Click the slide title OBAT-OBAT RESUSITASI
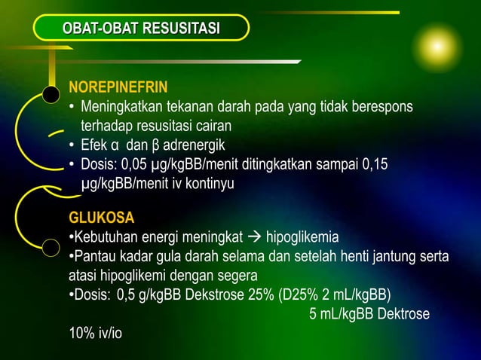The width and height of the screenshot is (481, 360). pos(142,29)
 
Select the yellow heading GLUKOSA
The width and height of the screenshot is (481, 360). pos(102,218)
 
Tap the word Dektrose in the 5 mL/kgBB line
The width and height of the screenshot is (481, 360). pos(403,313)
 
